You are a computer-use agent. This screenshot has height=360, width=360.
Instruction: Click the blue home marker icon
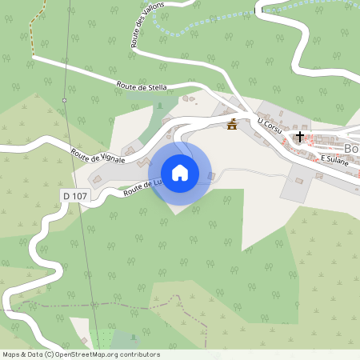180,173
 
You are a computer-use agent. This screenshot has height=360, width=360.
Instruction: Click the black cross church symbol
300,137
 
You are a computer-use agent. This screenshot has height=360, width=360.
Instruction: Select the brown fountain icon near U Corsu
232,124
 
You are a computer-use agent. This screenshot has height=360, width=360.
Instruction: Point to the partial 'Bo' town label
350,150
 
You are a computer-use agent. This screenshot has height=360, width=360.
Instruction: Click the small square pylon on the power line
64,100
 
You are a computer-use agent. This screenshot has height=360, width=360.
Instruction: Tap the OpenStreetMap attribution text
81,354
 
